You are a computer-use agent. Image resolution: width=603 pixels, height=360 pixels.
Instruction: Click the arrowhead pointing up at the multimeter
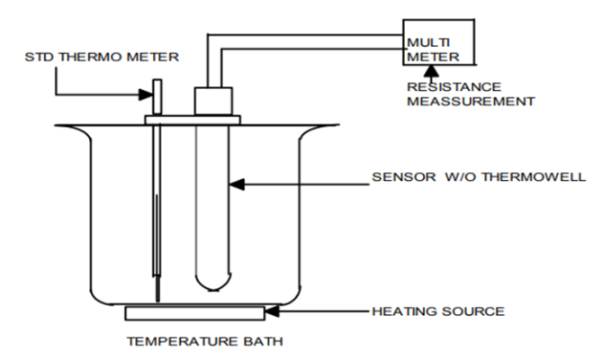coord(418,74)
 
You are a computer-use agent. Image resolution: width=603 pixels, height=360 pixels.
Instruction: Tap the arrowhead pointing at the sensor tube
coord(236,185)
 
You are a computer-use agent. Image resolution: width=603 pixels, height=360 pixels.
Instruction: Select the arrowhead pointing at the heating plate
coord(273,312)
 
